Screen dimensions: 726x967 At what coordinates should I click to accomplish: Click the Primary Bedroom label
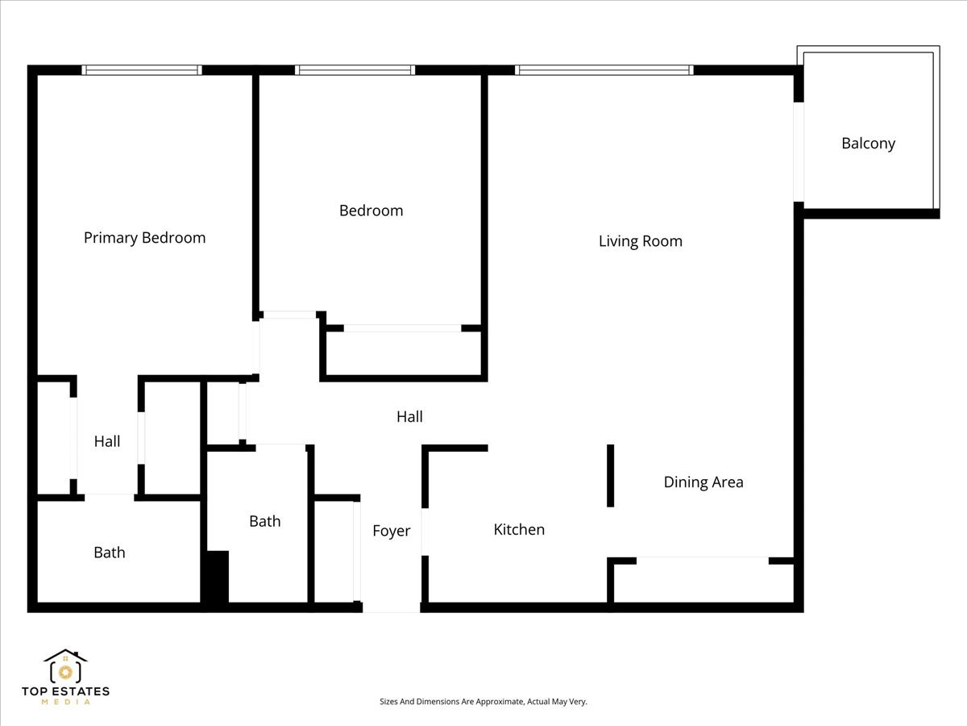[144, 238]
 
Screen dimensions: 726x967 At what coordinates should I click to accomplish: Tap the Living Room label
[640, 241]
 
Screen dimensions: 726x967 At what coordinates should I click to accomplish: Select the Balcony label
[868, 144]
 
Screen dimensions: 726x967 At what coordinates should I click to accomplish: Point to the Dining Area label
[703, 482]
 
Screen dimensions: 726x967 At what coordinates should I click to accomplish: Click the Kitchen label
[519, 530]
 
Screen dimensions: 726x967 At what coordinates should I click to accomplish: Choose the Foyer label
[391, 531]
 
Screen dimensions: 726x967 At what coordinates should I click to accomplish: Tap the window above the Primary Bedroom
[143, 70]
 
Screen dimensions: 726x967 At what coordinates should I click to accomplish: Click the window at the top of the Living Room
[604, 70]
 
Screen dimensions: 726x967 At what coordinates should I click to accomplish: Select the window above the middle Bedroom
[355, 70]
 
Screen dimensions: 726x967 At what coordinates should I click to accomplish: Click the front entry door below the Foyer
[391, 607]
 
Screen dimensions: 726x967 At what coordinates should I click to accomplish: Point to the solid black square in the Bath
[217, 576]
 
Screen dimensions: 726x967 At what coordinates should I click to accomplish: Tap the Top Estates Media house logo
[65, 668]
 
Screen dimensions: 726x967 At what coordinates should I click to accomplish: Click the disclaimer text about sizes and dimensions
[483, 702]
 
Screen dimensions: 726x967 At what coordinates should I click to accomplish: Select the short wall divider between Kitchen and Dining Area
[610, 476]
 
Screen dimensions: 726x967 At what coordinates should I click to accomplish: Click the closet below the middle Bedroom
[403, 353]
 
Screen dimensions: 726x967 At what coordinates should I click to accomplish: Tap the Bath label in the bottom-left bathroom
[110, 553]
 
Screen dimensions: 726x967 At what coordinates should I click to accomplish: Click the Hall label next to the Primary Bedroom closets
[107, 441]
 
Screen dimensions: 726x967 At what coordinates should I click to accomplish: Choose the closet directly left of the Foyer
[334, 552]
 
